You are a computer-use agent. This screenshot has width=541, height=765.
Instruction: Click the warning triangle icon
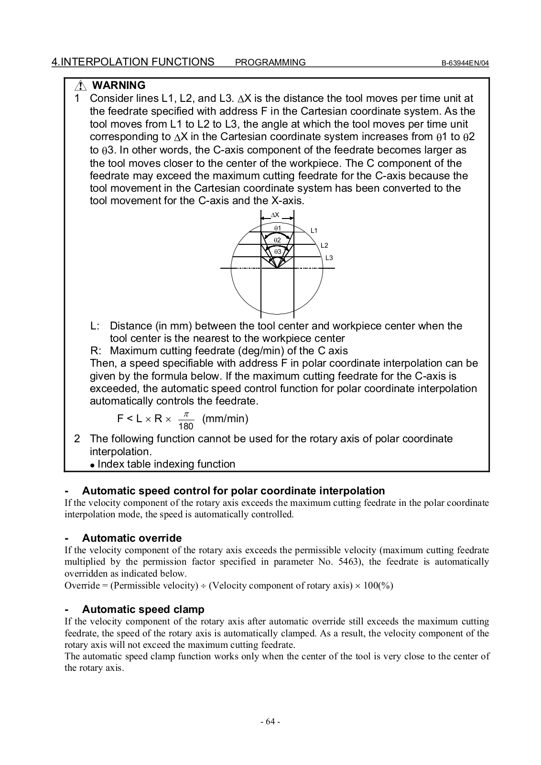click(x=80, y=86)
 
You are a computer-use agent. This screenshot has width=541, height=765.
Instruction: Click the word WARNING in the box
click(x=119, y=86)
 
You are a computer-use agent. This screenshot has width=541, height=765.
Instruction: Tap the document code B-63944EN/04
click(x=465, y=63)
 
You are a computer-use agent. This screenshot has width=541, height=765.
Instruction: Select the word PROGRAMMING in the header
click(x=270, y=63)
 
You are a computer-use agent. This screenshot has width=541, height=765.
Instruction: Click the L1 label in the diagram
click(x=314, y=230)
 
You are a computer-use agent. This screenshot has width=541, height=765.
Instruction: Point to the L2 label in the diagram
click(x=324, y=245)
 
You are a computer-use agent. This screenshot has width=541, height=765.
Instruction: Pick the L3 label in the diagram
click(x=329, y=258)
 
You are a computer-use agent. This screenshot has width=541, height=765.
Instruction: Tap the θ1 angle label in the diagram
click(x=277, y=228)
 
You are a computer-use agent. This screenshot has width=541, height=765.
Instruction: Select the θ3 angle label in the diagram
click(x=277, y=251)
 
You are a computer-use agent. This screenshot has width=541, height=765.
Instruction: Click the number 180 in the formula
click(x=186, y=426)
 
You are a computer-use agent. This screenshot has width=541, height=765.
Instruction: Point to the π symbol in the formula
click(x=186, y=414)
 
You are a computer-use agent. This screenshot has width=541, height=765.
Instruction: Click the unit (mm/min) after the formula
click(x=225, y=419)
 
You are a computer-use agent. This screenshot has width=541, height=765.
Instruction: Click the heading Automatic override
click(x=132, y=538)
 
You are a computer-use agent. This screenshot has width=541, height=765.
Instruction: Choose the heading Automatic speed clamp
click(x=143, y=610)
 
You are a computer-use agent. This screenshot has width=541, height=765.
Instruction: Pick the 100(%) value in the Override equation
click(x=378, y=586)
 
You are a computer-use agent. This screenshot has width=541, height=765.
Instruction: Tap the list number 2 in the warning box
click(x=77, y=439)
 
